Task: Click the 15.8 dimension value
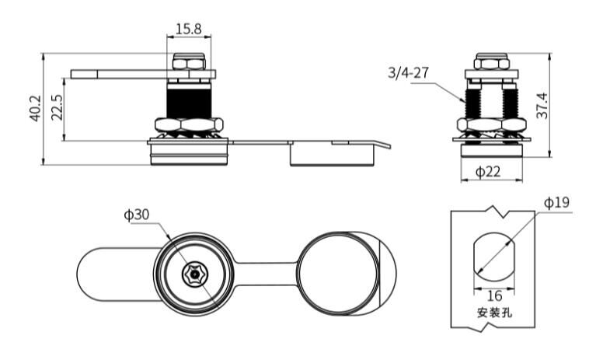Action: (x=188, y=29)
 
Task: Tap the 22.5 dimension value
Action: (x=56, y=108)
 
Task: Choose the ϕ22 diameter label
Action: (x=488, y=172)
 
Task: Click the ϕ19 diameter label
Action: (x=556, y=202)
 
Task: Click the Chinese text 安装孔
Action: (x=493, y=314)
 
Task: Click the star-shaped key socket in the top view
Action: (x=191, y=274)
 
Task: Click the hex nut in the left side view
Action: (x=190, y=124)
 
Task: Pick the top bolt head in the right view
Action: (x=492, y=62)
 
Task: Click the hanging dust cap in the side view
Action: (x=332, y=156)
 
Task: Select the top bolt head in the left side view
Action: (x=190, y=62)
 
